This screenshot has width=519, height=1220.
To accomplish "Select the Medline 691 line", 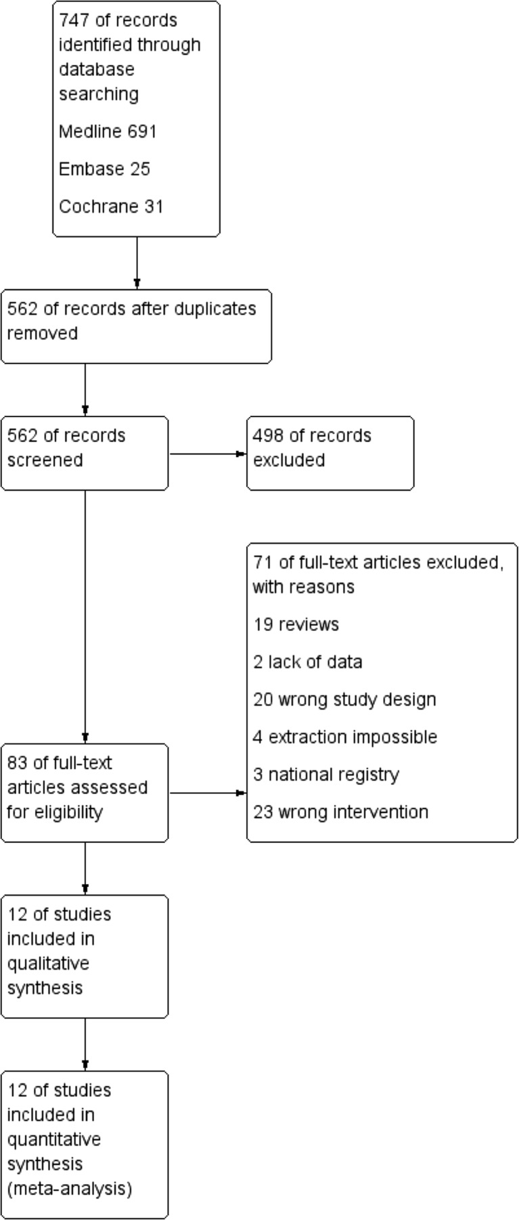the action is [108, 131].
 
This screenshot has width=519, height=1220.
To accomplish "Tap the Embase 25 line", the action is [104, 169].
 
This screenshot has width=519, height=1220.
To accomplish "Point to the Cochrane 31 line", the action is [111, 206].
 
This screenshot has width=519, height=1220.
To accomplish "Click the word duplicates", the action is [215, 309].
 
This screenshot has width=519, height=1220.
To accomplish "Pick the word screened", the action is [45, 460].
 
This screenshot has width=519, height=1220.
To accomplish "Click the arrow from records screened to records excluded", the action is [207, 454].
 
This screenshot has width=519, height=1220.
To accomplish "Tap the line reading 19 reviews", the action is [296, 624].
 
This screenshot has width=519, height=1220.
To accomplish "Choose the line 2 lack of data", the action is [307, 661].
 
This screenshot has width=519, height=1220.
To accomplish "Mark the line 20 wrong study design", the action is [344, 699].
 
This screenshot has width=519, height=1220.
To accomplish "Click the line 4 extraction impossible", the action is [345, 737].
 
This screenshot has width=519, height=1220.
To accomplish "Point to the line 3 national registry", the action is [326, 775].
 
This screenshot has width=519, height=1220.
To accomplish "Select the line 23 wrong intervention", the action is [340, 812].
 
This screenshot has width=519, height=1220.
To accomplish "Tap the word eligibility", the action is [54, 812].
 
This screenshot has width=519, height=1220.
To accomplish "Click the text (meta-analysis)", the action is [70, 1189].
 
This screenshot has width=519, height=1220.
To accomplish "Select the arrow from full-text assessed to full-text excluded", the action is [207, 793].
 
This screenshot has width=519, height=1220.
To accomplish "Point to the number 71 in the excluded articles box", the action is [262, 563].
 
